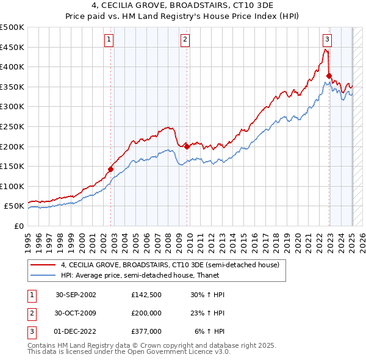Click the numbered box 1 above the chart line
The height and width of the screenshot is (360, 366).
(x=109, y=40)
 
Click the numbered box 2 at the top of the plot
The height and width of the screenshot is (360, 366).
(x=184, y=40)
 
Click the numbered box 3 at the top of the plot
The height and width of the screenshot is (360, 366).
(x=327, y=40)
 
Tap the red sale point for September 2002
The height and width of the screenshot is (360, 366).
(x=111, y=169)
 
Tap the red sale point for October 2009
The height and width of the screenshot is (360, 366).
(x=187, y=146)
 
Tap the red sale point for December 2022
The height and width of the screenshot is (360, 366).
(x=329, y=76)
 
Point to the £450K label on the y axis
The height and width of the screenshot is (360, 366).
(x=13, y=47)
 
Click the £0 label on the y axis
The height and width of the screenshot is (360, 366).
(x=19, y=226)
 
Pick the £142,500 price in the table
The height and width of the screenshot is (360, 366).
(x=146, y=294)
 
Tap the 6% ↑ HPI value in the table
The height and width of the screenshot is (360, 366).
(x=210, y=331)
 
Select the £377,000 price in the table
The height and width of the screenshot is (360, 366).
(x=146, y=331)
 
